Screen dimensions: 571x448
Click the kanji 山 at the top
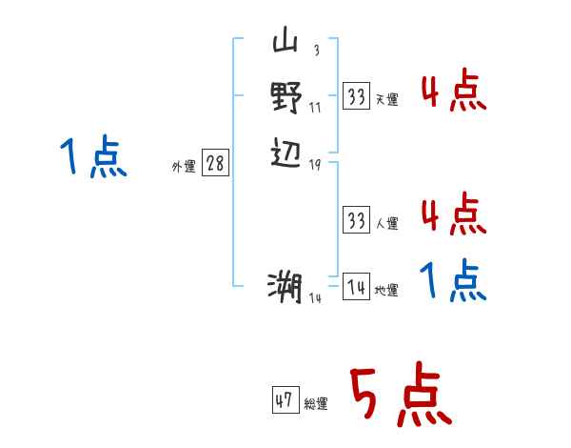[285, 43]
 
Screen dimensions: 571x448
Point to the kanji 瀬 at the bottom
[285, 285]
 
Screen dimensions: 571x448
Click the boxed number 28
[215, 164]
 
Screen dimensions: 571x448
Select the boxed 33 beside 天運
[356, 96]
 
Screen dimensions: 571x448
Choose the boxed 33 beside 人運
[356, 221]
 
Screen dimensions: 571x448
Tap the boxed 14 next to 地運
[356, 288]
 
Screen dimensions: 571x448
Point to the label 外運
[184, 166]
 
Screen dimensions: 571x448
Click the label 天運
[386, 99]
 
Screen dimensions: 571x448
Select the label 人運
[386, 224]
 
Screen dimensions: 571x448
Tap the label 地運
[386, 291]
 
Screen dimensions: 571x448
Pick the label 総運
[316, 404]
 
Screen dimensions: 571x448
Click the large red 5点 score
[398, 395]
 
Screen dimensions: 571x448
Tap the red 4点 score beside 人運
[453, 214]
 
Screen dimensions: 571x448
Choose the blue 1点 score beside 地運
[453, 281]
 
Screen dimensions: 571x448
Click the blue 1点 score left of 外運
[92, 157]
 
